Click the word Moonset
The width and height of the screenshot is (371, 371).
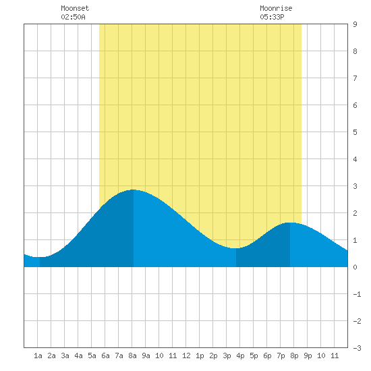[75, 8]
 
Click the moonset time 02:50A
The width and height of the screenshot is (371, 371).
[73, 17]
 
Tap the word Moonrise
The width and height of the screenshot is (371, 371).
[276, 8]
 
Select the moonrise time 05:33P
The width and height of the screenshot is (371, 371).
[272, 17]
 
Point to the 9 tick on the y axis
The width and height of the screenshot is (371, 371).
[355, 24]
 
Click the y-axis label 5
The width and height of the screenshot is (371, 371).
[355, 132]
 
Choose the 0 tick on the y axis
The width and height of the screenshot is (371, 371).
[355, 267]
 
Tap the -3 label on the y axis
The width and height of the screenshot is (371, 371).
[357, 348]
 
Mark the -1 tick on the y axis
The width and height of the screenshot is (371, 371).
[357, 294]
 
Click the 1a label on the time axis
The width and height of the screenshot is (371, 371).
[38, 355]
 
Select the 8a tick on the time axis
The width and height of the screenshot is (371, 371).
[132, 355]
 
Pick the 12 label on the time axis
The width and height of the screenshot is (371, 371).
[186, 355]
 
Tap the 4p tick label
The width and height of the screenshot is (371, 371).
[240, 355]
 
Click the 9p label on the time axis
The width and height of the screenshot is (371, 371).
[308, 355]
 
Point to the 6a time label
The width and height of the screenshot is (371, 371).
[105, 355]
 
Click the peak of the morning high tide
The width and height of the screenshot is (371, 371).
[133, 190]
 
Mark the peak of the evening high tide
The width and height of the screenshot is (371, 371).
[290, 223]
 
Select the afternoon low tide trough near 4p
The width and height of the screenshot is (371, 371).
[235, 248]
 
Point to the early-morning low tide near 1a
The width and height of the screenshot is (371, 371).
[39, 257]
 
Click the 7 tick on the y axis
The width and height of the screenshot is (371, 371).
[355, 78]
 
